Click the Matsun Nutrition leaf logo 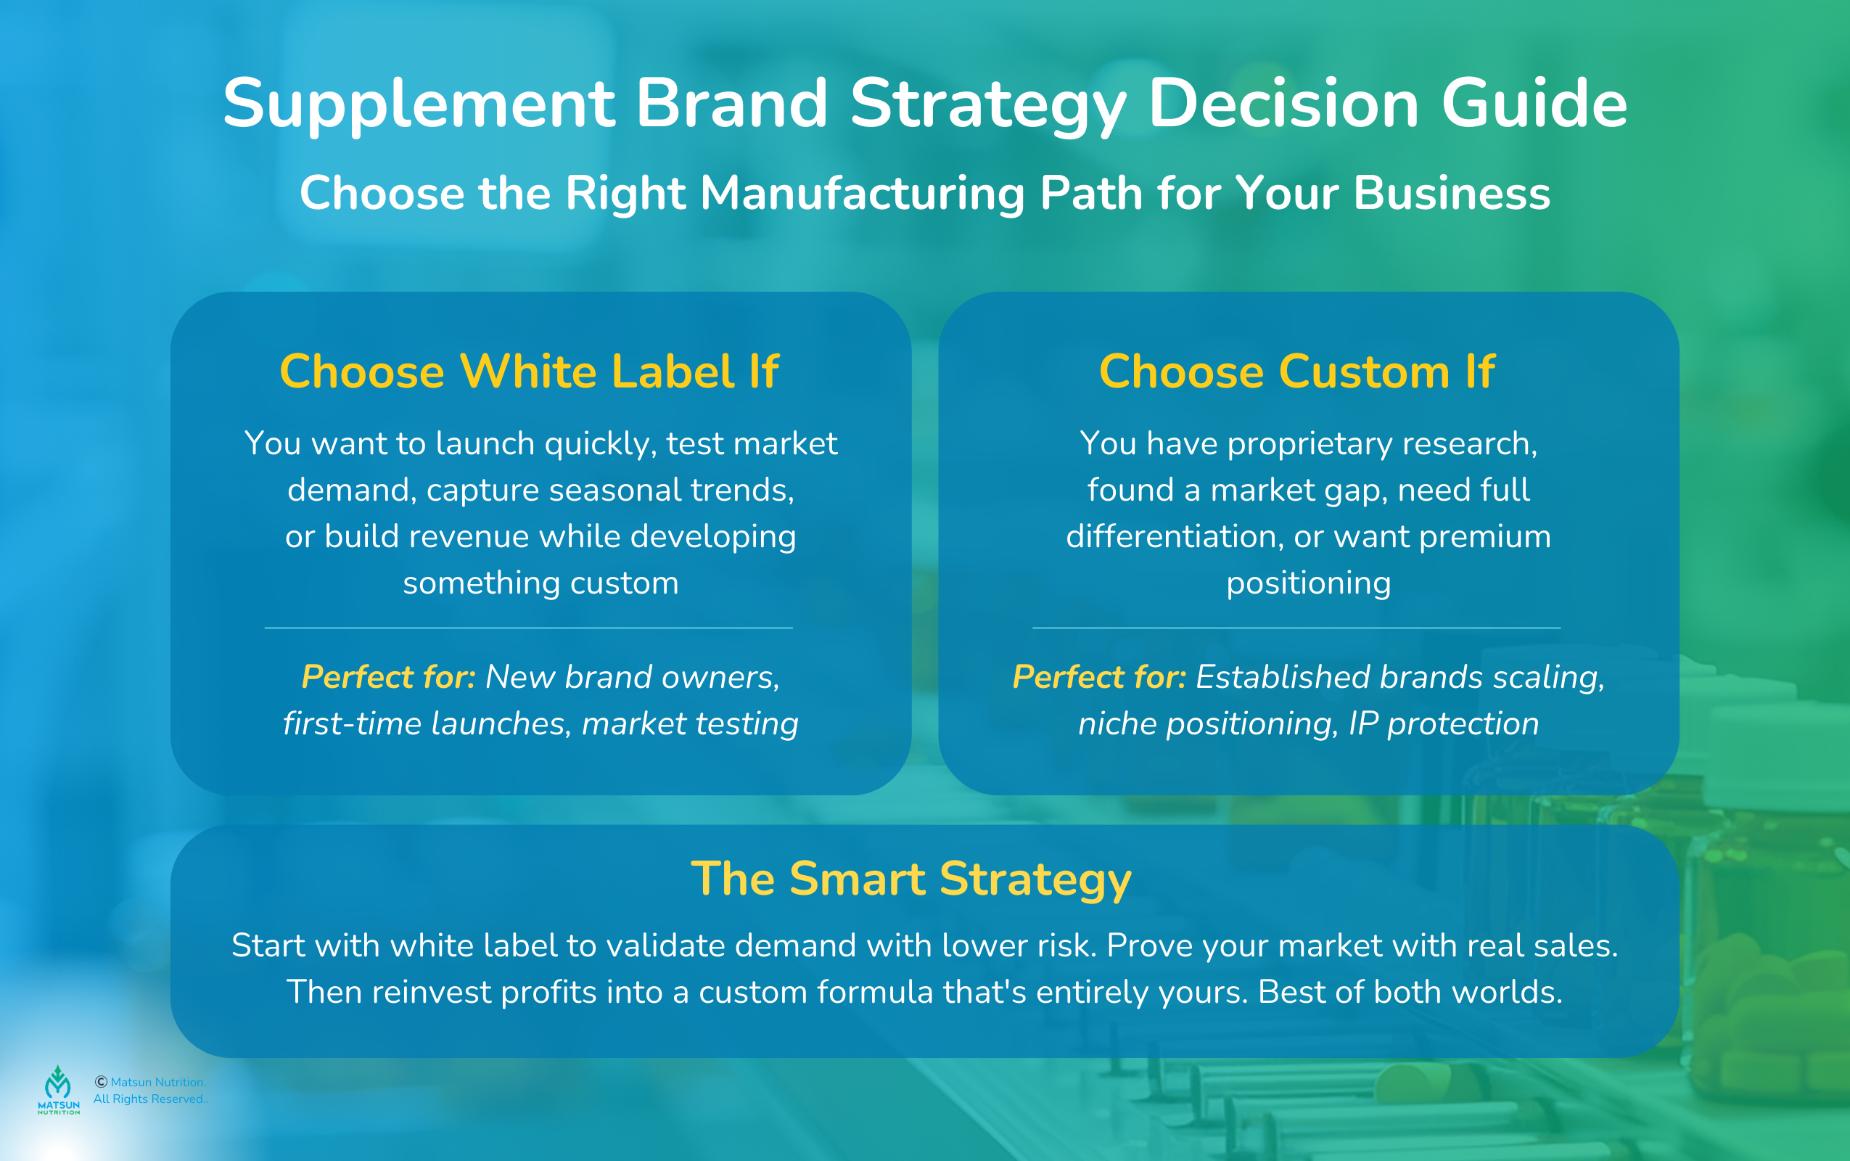coord(58,1085)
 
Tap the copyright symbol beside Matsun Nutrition coord(101,1082)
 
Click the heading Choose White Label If coord(529,372)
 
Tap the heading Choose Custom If coord(1296,372)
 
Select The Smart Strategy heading coord(911,879)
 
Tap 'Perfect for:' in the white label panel coord(387,677)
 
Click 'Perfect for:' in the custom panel coord(1098,677)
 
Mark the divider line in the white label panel coord(529,628)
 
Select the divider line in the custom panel coord(1296,628)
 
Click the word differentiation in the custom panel coord(1175,537)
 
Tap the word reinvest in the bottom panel coord(432,992)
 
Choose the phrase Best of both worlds coord(1410,992)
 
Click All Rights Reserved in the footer coord(149,1099)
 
